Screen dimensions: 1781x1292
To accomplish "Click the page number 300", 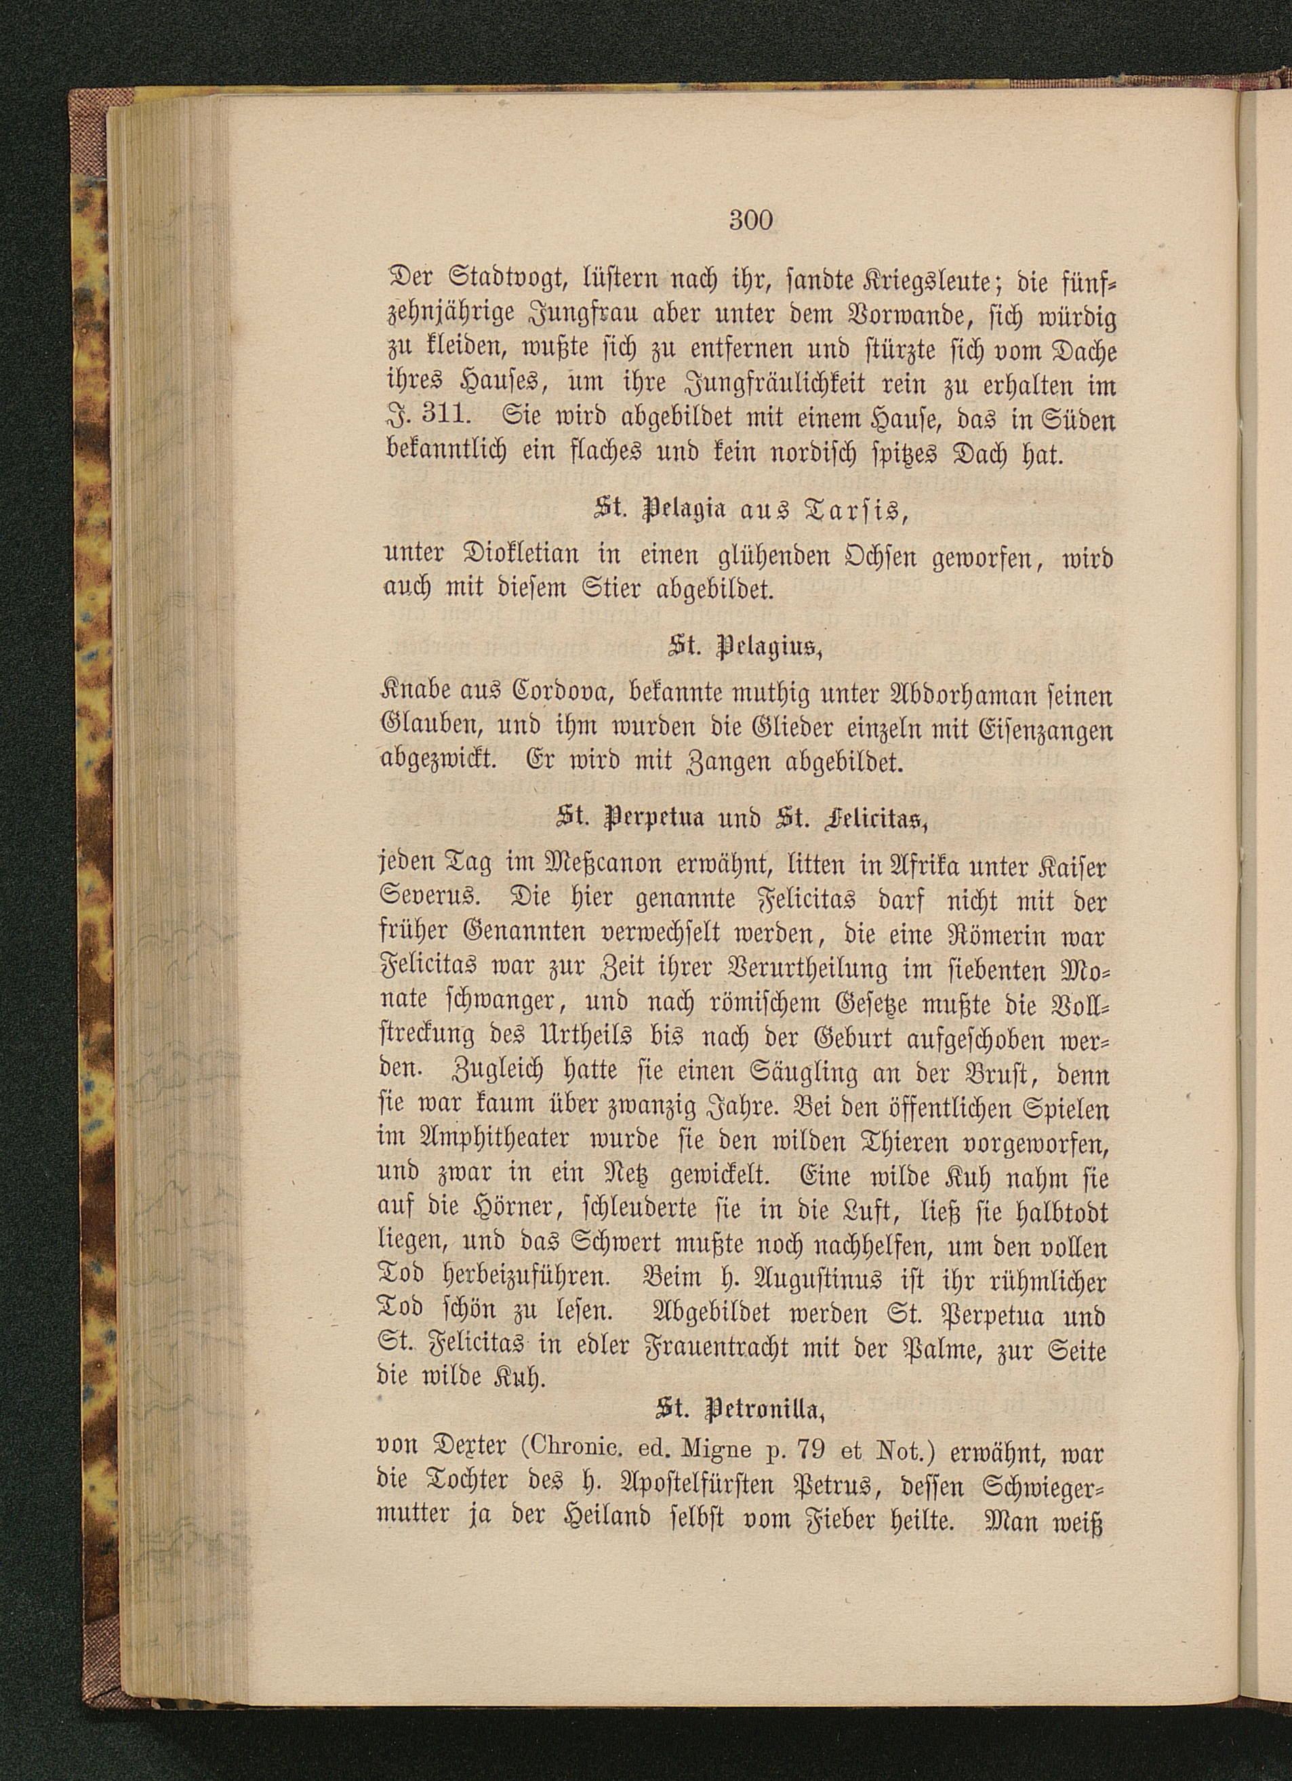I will [x=751, y=220].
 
